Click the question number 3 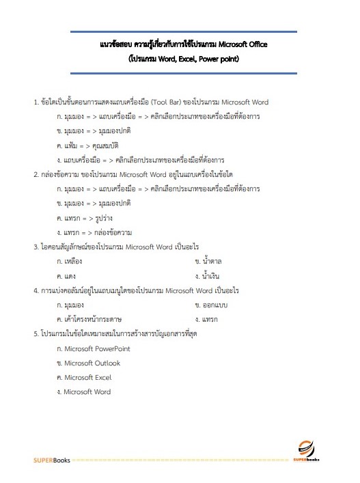[x=36, y=246]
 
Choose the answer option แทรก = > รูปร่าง [x=83, y=217]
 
